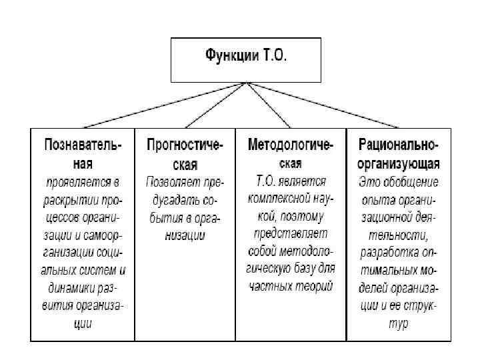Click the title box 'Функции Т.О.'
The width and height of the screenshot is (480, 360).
246,60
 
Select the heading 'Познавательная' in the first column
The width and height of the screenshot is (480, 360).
83,153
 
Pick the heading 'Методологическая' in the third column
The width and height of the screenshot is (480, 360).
291,153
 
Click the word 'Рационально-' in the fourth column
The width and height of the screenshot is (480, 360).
398,145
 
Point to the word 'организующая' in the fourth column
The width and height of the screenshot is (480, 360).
398,163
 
